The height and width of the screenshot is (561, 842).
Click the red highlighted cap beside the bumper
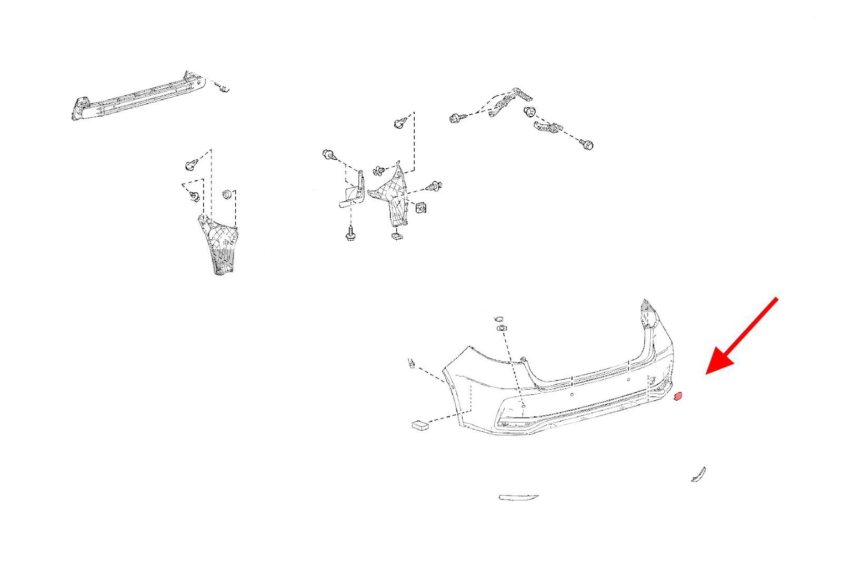tap(678, 396)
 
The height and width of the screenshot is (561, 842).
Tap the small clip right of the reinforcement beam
tap(224, 88)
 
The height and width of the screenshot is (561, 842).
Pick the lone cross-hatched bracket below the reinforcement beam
tap(219, 244)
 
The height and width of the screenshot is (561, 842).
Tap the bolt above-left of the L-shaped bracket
tap(328, 155)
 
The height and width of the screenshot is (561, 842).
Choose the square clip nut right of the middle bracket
tap(420, 208)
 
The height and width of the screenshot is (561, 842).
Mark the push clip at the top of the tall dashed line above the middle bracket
tap(400, 123)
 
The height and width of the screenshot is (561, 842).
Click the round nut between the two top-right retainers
tap(530, 111)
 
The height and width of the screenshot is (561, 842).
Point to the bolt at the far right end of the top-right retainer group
tap(587, 144)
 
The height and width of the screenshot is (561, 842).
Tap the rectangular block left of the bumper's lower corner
tap(420, 425)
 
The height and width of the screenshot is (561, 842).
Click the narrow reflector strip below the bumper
tap(518, 497)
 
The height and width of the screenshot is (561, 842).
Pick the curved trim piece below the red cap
tap(698, 474)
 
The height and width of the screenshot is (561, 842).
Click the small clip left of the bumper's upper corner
tap(412, 363)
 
